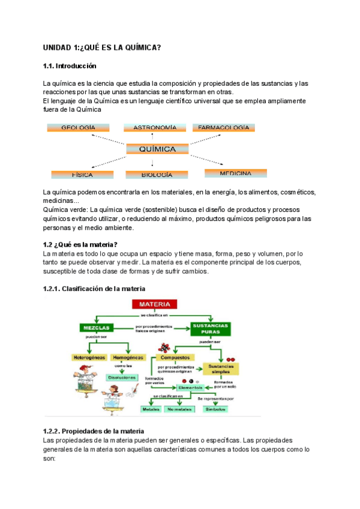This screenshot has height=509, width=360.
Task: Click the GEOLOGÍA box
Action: [x=78, y=128]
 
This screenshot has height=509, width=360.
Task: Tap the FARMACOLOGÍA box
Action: [x=223, y=128]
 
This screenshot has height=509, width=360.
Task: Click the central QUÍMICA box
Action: [x=157, y=149]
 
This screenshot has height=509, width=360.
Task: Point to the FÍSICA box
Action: [x=82, y=175]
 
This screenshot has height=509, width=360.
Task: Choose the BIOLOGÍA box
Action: [x=157, y=175]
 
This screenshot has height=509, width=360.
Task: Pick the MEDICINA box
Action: [x=235, y=173]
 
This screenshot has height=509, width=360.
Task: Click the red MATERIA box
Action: [x=155, y=305]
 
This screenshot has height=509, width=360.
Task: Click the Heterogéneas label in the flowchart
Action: [x=89, y=357]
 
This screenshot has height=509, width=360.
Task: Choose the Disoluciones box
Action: [x=121, y=378]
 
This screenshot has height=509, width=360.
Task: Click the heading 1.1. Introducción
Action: [x=70, y=65]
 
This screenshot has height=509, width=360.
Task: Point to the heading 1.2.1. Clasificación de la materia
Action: [x=94, y=289]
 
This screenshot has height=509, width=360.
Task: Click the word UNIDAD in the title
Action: [x=56, y=47]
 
